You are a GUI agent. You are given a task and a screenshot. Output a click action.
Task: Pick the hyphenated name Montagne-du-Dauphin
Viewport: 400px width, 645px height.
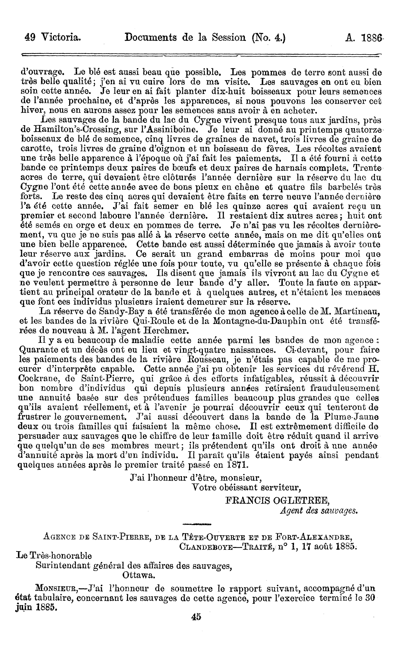268,321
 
